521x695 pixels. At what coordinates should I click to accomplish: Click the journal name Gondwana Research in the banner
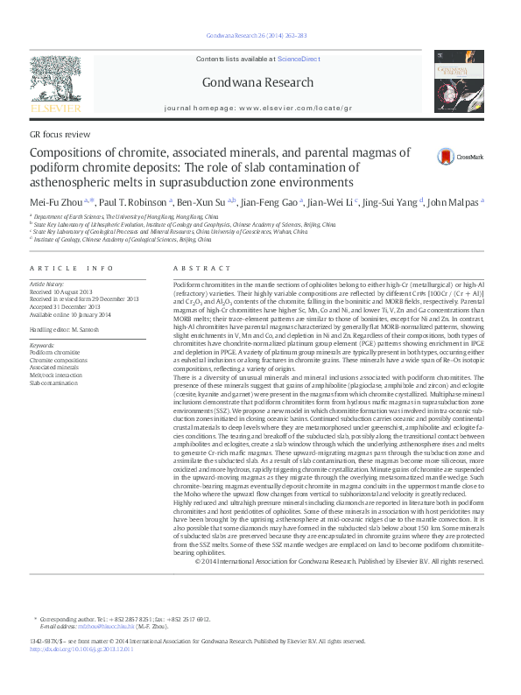pos(257,82)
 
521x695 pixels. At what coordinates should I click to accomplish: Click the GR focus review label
pos(60,135)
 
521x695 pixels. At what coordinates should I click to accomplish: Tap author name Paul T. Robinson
pos(126,201)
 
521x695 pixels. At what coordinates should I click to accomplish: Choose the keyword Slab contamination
pos(54,383)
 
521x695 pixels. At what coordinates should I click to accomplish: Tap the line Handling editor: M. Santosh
pos(69,328)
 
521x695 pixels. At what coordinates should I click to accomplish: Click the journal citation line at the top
pos(256,35)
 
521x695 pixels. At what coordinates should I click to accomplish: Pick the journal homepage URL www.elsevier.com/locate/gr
pos(294,108)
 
